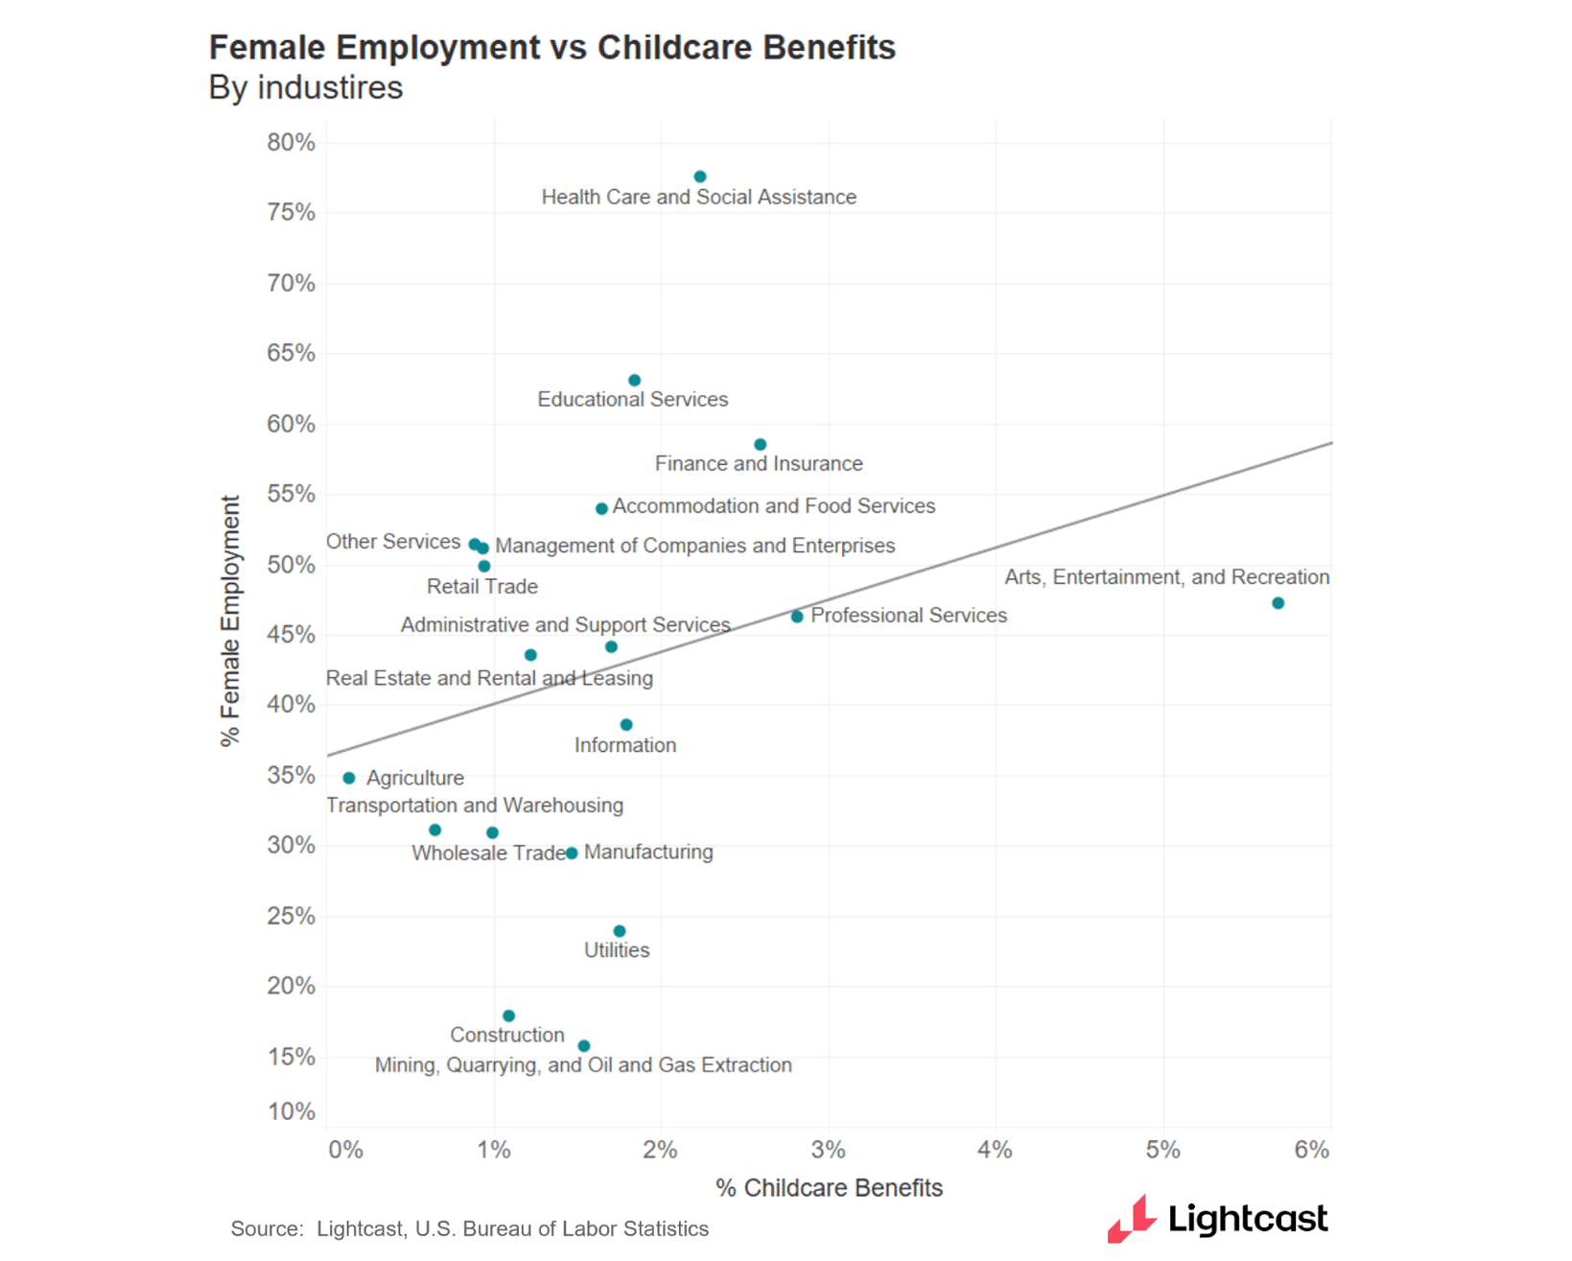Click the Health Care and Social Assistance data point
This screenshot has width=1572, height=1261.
(700, 176)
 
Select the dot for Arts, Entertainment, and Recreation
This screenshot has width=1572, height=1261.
(1278, 603)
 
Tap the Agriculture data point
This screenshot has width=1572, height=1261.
(349, 778)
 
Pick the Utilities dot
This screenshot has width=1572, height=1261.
(620, 931)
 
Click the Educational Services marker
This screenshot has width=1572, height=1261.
(634, 381)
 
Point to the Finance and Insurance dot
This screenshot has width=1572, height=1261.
(760, 445)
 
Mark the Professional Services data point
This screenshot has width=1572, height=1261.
(797, 617)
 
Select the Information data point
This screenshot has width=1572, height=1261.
(626, 725)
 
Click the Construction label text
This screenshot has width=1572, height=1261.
(506, 1035)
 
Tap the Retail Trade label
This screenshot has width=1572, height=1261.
(481, 586)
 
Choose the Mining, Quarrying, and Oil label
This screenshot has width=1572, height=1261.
(582, 1065)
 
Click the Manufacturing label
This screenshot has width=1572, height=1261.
(648, 852)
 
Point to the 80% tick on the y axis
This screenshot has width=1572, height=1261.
(291, 143)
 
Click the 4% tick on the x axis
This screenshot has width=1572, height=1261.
(995, 1150)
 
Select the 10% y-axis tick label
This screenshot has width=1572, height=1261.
(291, 1111)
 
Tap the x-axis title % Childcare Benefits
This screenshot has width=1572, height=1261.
(829, 1188)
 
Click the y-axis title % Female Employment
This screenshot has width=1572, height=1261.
(229, 620)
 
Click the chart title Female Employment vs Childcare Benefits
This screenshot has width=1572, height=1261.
(551, 47)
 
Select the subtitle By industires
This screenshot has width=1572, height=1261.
(305, 87)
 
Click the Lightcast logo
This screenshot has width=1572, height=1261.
(1217, 1219)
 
